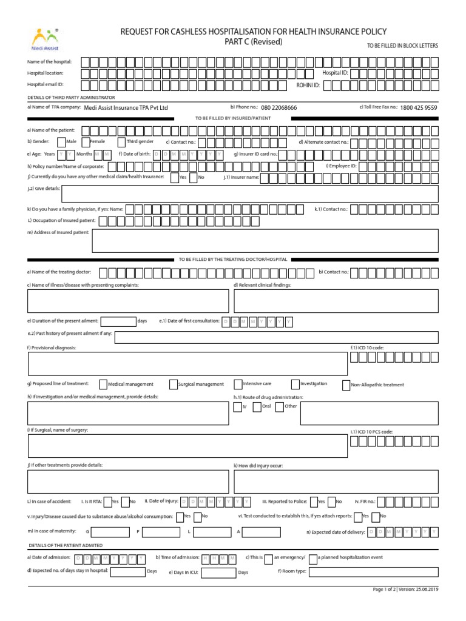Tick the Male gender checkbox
[61, 142]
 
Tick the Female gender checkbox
[86, 142]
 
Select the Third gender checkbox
[121, 142]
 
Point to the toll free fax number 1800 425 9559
[418, 107]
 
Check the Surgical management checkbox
[174, 384]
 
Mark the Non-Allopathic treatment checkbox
[346, 384]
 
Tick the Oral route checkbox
[257, 406]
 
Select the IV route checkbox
[238, 406]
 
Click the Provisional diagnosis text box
[187, 363]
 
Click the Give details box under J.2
[250, 193]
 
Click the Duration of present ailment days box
[118, 321]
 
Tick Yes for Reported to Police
[313, 502]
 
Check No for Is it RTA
[124, 502]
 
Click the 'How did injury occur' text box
[336, 482]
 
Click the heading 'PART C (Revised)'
[254, 42]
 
